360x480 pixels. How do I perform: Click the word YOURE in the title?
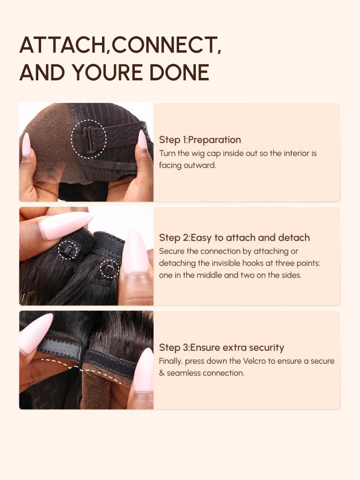[x=107, y=72]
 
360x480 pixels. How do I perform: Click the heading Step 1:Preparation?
[x=200, y=140]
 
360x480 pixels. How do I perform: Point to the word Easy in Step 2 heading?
[x=201, y=238]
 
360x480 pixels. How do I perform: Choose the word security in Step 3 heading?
[x=266, y=348]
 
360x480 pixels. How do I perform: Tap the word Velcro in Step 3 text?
[x=255, y=361]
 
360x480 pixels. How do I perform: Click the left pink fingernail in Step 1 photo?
[x=26, y=144]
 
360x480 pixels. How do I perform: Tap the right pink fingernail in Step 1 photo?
[x=142, y=140]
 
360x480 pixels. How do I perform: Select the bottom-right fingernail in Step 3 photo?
[x=144, y=370]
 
